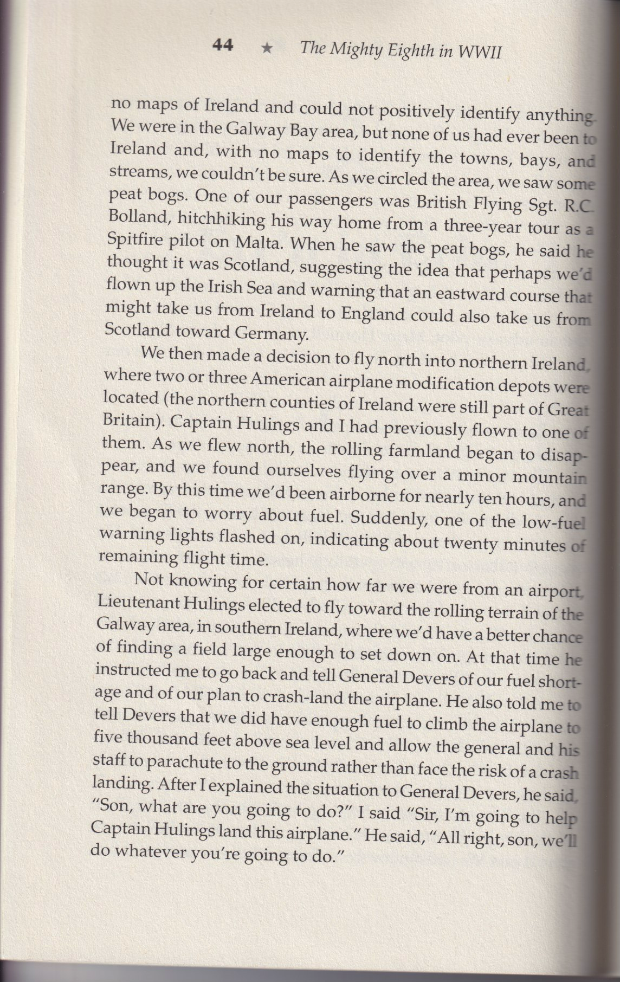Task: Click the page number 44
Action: [223, 46]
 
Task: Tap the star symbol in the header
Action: [267, 48]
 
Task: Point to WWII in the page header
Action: [480, 52]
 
